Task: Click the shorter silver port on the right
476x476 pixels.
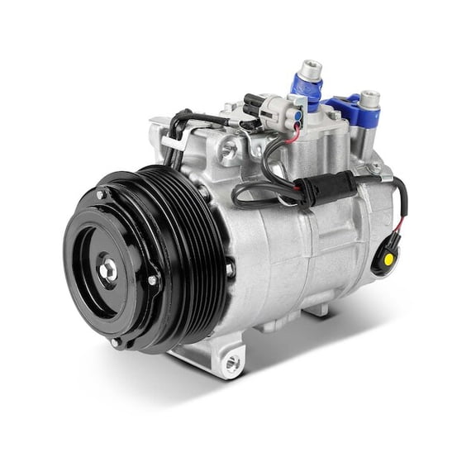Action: coord(369,100)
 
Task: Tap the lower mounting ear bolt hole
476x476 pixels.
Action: coord(231,361)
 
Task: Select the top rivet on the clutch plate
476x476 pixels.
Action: coord(102,195)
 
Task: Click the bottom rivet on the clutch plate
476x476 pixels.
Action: coord(117,340)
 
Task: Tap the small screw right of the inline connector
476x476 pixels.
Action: coord(377,169)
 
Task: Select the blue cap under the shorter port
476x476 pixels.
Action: coord(351,112)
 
